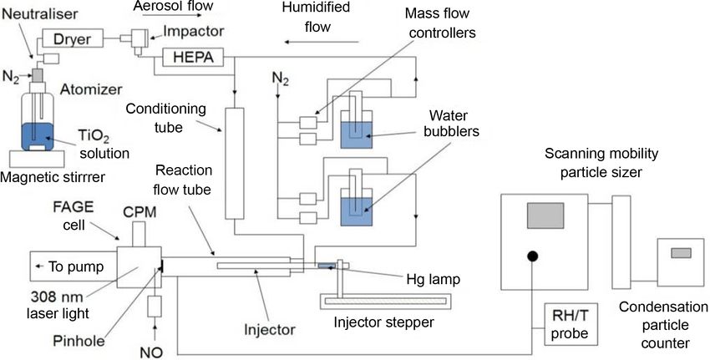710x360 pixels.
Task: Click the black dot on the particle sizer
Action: point(530,256)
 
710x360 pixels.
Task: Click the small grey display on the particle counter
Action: point(681,253)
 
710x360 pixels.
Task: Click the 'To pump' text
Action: point(74,267)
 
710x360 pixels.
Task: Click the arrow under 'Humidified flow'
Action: point(327,38)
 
